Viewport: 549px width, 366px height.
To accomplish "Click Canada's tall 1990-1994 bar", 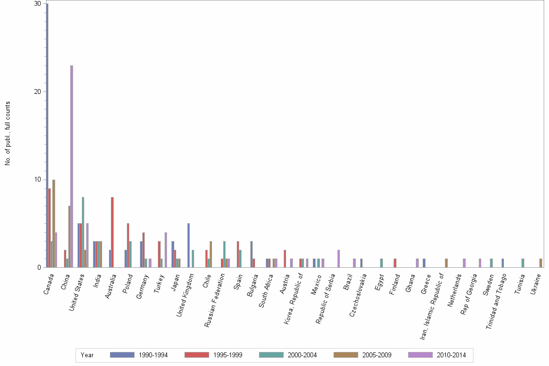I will coord(47,136).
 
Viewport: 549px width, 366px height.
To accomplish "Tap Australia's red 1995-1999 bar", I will coord(112,232).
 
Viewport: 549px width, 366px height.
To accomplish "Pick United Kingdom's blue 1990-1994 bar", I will coord(188,245).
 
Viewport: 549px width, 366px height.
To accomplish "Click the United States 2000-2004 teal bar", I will coord(83,232).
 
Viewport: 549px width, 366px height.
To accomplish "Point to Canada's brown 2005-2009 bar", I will coord(54,223).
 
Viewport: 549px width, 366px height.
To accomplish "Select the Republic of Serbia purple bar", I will coord(338,259).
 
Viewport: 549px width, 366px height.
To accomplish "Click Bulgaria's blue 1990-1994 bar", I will coord(251,254).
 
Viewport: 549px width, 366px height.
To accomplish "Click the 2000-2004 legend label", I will coord(302,355).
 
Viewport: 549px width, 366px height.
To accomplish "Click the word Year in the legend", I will coord(87,355).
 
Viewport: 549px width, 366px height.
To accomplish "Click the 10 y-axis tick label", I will coord(37,180).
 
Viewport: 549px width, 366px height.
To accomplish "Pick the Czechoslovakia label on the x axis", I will coord(358,295).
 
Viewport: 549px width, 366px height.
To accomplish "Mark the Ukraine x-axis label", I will coord(535,286).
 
